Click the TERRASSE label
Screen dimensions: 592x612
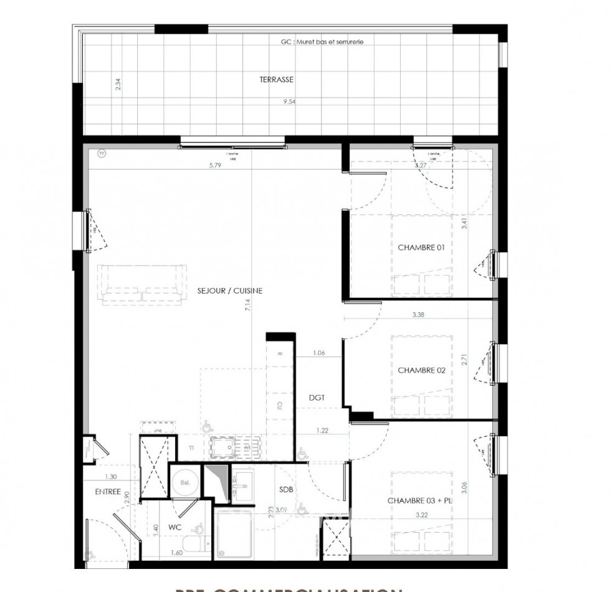click(x=276, y=80)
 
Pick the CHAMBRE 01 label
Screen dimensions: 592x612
click(x=421, y=247)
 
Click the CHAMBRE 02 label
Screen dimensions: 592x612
click(x=421, y=371)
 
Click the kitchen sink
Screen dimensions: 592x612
click(x=229, y=447)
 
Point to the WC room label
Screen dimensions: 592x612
click(x=175, y=527)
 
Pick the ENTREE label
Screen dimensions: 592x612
click(x=108, y=492)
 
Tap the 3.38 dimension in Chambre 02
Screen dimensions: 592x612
click(x=418, y=315)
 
